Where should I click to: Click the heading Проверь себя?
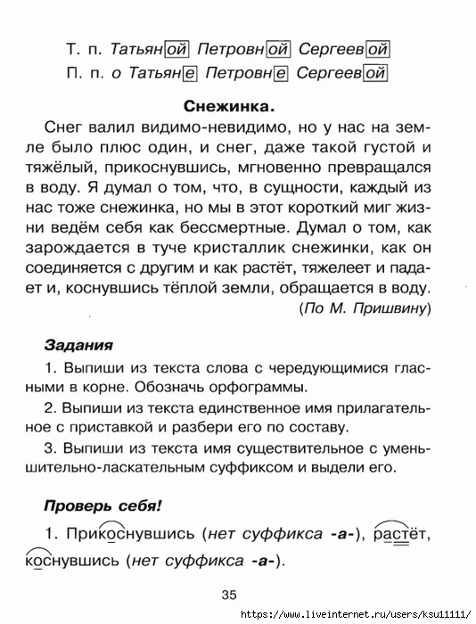103,505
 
